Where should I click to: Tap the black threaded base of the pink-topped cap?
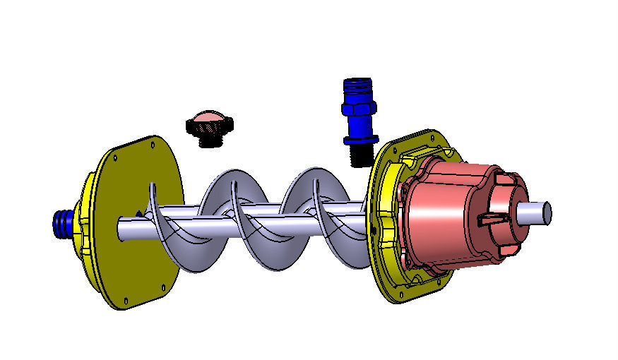(x=209, y=140)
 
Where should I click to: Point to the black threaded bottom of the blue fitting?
(x=360, y=155)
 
